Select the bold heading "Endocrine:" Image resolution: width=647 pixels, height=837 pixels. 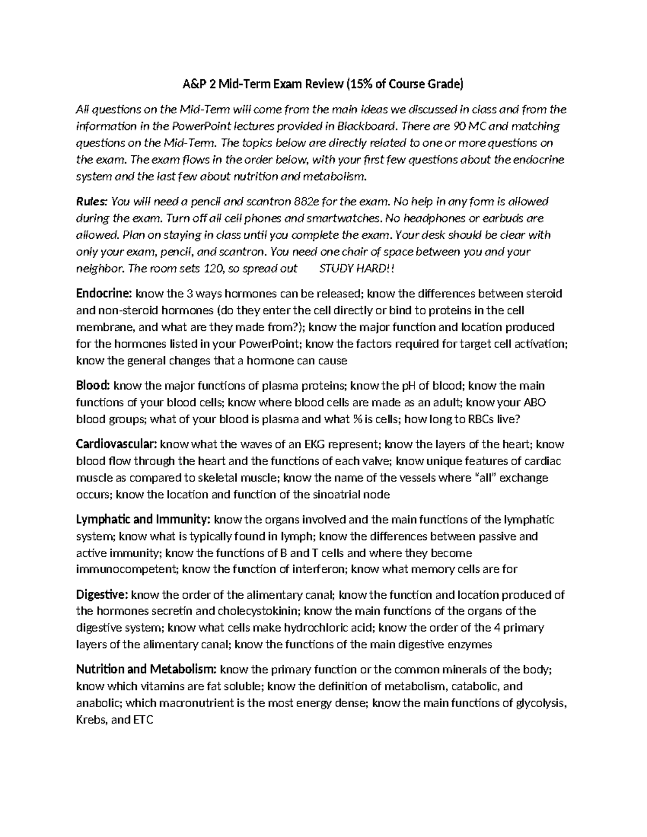104,294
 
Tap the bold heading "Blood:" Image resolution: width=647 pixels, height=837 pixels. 93,386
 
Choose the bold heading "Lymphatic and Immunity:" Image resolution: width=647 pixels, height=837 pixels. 143,520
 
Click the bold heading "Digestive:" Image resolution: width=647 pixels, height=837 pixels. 102,595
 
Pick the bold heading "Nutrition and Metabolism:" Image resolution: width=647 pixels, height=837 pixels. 146,670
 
